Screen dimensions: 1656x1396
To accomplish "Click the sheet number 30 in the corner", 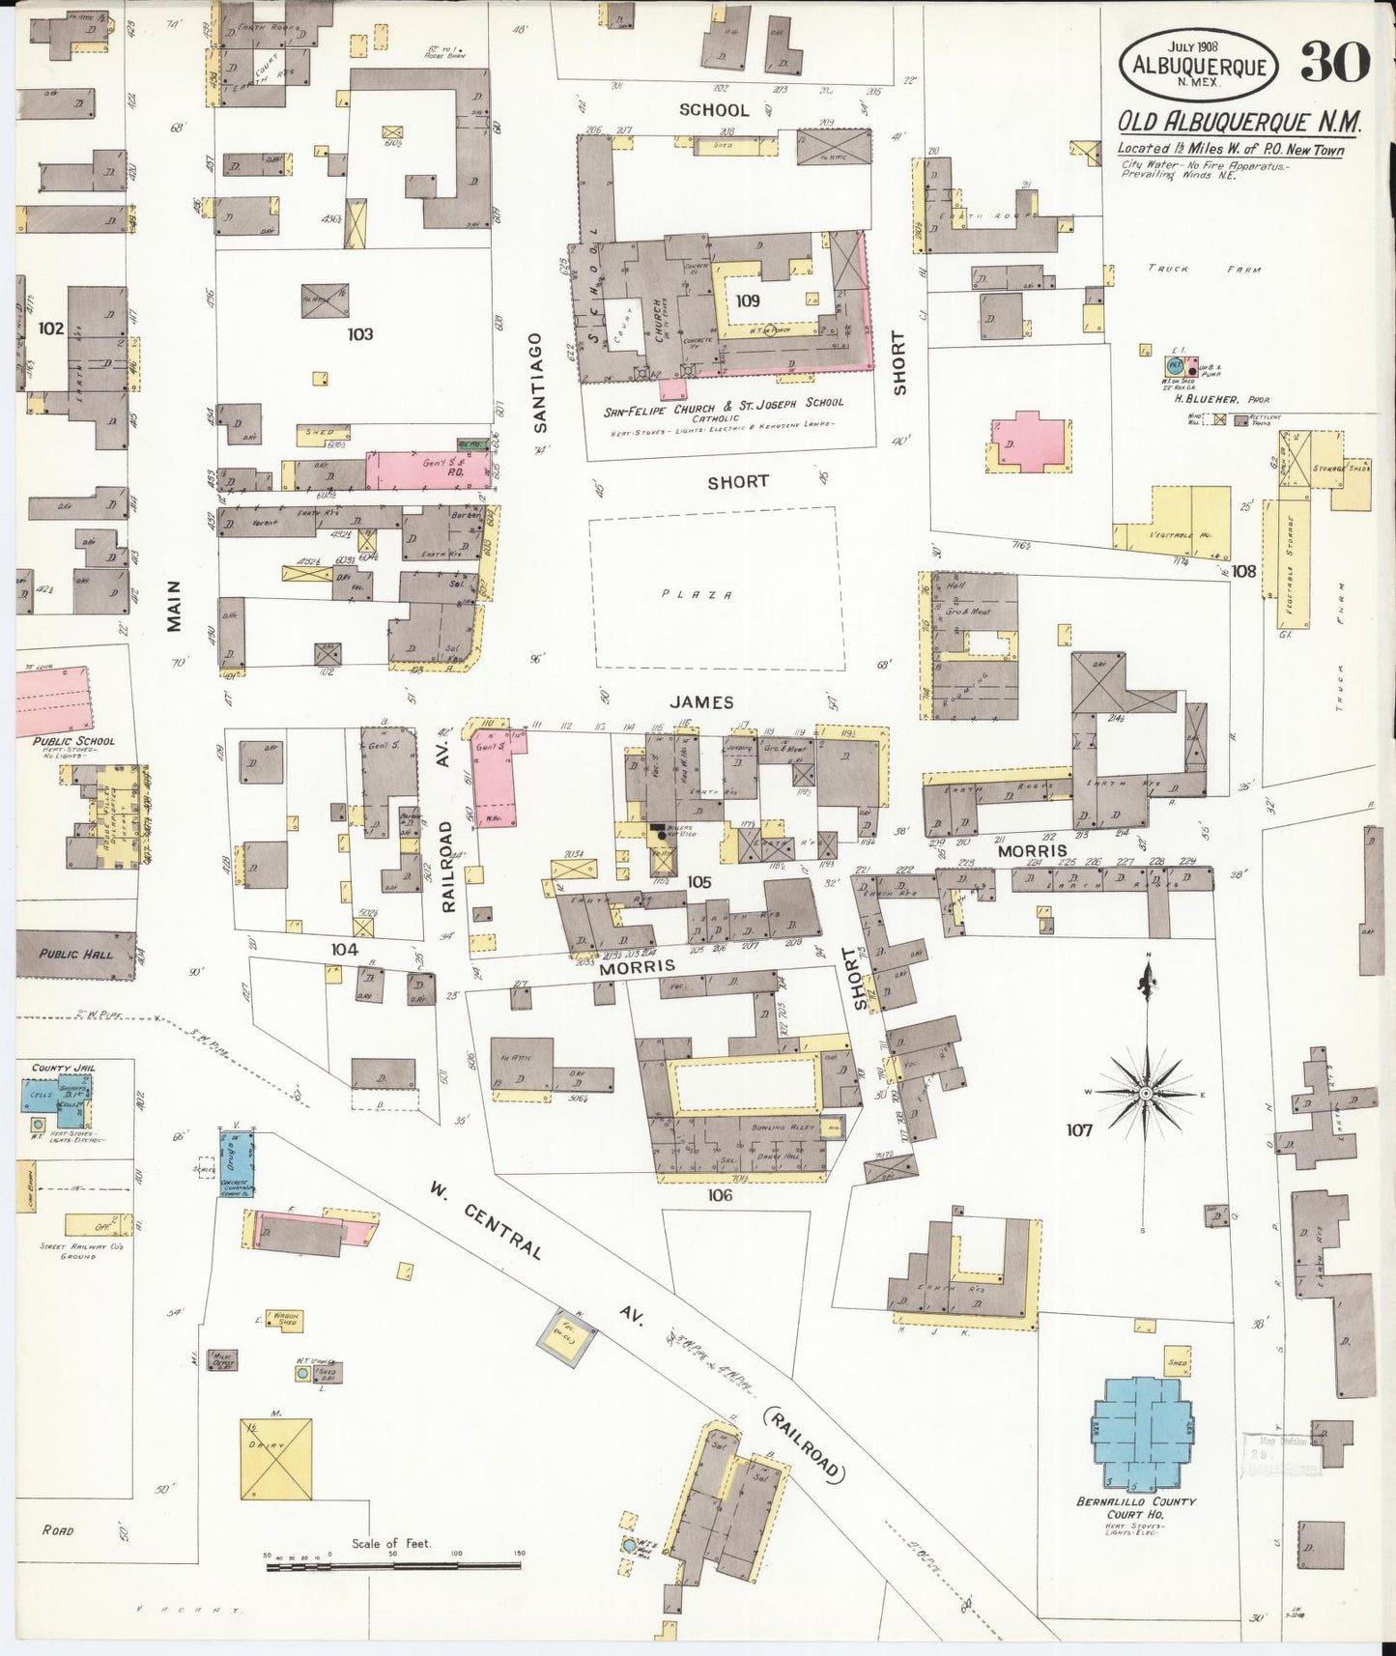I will [1335, 63].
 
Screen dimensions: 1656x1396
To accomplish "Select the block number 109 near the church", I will [748, 300].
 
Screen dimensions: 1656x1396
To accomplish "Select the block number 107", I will [1078, 1129].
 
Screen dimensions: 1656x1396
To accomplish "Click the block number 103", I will [360, 334].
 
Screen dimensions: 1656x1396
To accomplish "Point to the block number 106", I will [720, 1195].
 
